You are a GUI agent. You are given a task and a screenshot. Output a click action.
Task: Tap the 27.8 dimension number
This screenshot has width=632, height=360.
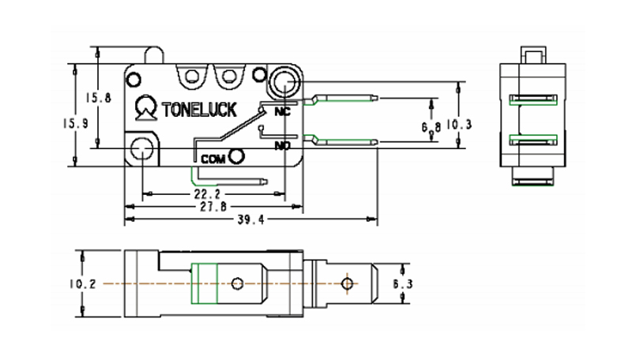coord(211,206)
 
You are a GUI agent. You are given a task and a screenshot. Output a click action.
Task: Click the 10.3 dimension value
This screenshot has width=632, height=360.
coord(459,123)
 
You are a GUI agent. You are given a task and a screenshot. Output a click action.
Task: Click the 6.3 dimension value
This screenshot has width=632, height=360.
coord(403,283)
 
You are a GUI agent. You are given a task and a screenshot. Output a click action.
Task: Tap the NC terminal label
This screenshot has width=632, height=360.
coord(281,111)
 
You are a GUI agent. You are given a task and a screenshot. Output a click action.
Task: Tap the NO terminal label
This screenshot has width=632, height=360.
coord(282,146)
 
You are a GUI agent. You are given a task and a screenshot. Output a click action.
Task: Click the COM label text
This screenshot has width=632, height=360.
coord(213,159)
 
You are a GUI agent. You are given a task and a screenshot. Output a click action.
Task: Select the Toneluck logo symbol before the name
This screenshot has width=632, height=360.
coord(145,107)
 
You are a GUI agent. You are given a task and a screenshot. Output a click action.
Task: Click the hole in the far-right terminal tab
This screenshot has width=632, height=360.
coord(345,283)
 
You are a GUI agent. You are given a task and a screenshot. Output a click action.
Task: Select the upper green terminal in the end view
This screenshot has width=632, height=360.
coord(535,99)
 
